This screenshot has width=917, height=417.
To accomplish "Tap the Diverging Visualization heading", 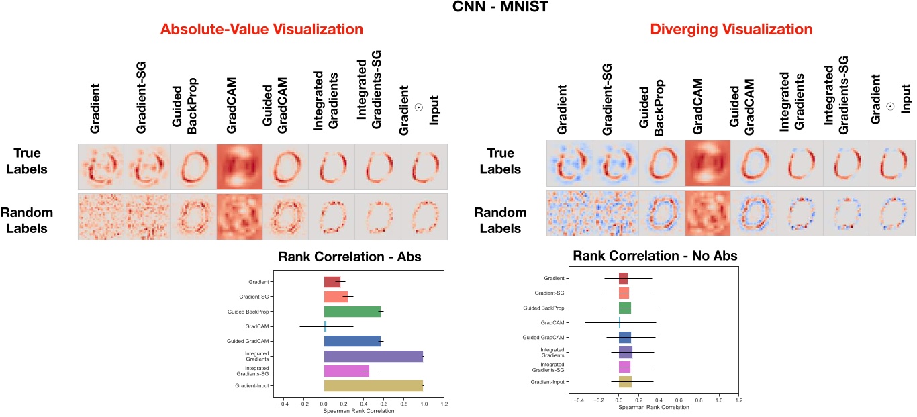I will coord(731,30).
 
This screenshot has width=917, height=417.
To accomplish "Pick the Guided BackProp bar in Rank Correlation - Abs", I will coord(352,312).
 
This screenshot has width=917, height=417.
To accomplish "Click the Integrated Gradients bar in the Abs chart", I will coord(373,356).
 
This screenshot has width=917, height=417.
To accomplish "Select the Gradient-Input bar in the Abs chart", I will coord(373,385).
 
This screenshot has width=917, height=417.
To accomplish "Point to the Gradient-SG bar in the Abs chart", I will coord(336,297).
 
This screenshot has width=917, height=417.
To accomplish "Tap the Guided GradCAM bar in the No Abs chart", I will coord(625,338).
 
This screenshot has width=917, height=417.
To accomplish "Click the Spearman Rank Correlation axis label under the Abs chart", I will coord(358,411).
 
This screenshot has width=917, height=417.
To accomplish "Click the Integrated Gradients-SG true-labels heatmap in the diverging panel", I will coord(845,163).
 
